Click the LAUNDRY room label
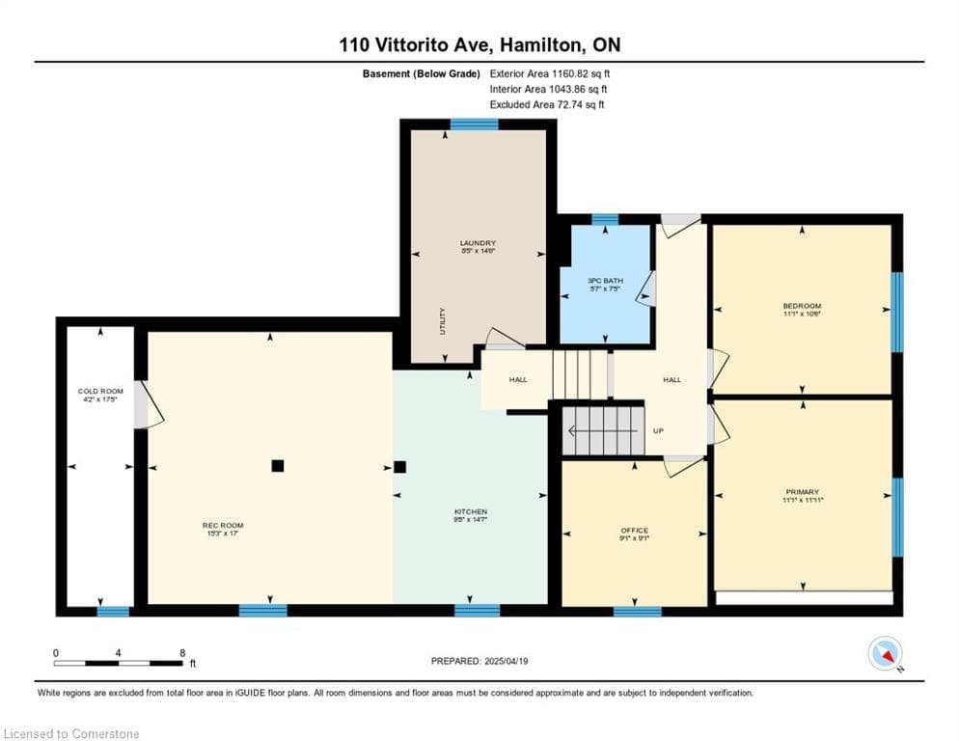pos(478,243)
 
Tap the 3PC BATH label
pos(605,281)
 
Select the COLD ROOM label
pos(100,392)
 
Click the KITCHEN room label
pos(471,512)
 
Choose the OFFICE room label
pos(634,531)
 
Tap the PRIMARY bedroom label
pos(802,492)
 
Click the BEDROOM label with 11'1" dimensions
pos(802,307)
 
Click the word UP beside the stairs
pos(658,431)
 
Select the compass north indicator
pos(885,653)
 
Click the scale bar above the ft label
pos(118,663)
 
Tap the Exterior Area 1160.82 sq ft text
pos(549,73)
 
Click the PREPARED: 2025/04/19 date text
pos(479,661)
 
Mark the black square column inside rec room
pos(278,466)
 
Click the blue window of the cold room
pos(113,611)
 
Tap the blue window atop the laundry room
pos(475,124)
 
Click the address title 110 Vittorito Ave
pos(479,44)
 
